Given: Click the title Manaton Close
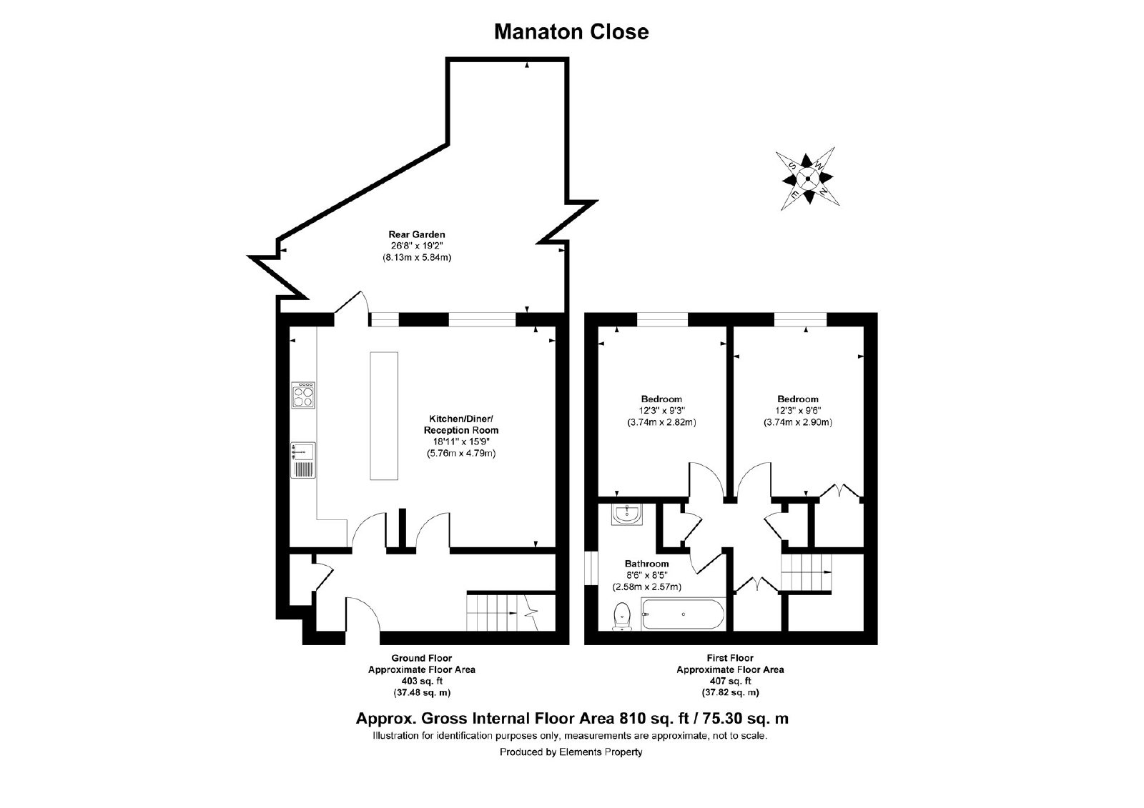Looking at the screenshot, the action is pos(571,31).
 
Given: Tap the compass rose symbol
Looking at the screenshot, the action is pos(807,179).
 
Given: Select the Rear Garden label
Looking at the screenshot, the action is pos(417,234).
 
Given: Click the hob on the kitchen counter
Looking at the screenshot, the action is pos(303,395).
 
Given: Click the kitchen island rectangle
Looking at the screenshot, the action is pos(384,416).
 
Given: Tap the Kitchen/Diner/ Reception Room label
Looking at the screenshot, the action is pos(460,424).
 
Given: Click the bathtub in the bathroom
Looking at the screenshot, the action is pos(683,614).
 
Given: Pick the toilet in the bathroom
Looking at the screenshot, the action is pos(621,617).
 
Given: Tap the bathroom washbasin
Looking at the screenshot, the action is pos(626,514).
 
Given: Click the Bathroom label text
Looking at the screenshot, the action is pos(646,564).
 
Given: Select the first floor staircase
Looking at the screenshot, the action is pos(806,573).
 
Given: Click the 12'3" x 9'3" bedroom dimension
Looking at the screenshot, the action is pos(661,410).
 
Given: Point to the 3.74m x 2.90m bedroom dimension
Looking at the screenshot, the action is pos(798,422).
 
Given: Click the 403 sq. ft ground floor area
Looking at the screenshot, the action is pos(422,681).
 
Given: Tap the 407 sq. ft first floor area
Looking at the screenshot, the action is pos(730,681).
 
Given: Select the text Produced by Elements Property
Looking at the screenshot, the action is pos(571,752).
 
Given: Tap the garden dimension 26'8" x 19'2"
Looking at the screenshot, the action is pos(417,246).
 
